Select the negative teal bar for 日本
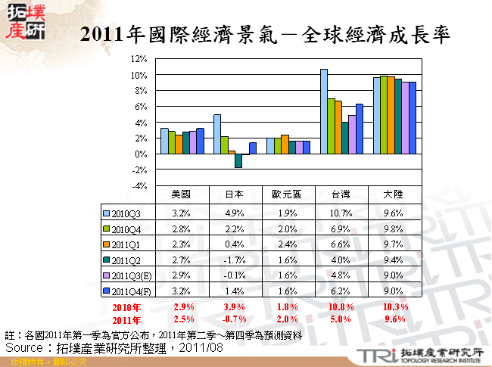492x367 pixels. coord(238,160)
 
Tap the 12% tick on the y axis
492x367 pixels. coord(137,59)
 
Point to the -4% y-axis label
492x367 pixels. coord(137,185)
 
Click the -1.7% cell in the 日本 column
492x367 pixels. coord(233,259)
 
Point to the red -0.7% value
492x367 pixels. coord(233,319)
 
